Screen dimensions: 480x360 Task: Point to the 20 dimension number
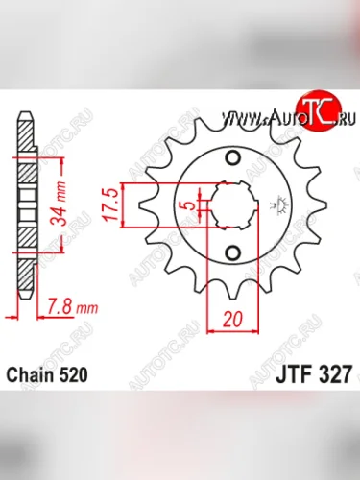coord(234,319)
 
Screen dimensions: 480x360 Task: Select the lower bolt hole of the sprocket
coord(232,252)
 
